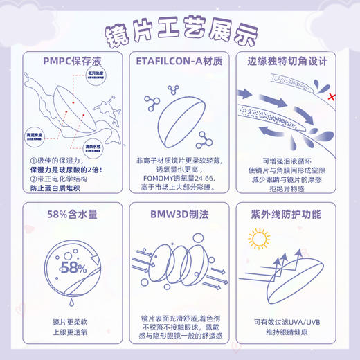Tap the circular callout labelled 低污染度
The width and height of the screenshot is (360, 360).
point(96,75)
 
